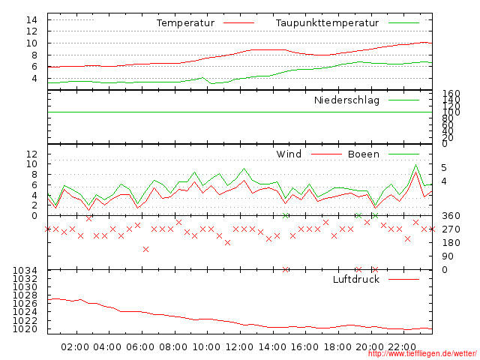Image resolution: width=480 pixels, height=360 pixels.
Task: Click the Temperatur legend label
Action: click(185, 23)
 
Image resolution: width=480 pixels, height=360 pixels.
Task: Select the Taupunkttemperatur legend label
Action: click(327, 23)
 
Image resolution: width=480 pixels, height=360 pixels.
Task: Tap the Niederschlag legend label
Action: click(346, 100)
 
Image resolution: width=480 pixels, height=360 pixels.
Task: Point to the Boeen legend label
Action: click(364, 154)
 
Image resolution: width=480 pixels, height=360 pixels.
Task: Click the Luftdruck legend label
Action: click(356, 280)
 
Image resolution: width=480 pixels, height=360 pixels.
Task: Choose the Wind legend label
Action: click(289, 154)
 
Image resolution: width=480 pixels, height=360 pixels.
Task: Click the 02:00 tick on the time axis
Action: click(76, 347)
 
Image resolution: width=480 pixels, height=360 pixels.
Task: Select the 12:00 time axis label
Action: click(240, 347)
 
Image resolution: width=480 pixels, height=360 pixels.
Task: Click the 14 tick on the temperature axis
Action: click(31, 19)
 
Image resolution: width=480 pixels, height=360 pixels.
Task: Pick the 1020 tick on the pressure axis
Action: click(25, 329)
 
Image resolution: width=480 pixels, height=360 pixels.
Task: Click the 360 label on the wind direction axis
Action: click(451, 216)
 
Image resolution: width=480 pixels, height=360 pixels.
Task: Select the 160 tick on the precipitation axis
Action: click(451, 94)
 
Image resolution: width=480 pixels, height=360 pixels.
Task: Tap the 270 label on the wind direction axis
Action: click(451, 229)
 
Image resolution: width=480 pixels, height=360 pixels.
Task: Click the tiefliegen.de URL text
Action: click(421, 353)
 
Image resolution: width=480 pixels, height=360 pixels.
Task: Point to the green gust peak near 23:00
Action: click(415, 165)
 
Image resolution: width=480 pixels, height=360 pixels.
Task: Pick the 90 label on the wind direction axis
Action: click(448, 256)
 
